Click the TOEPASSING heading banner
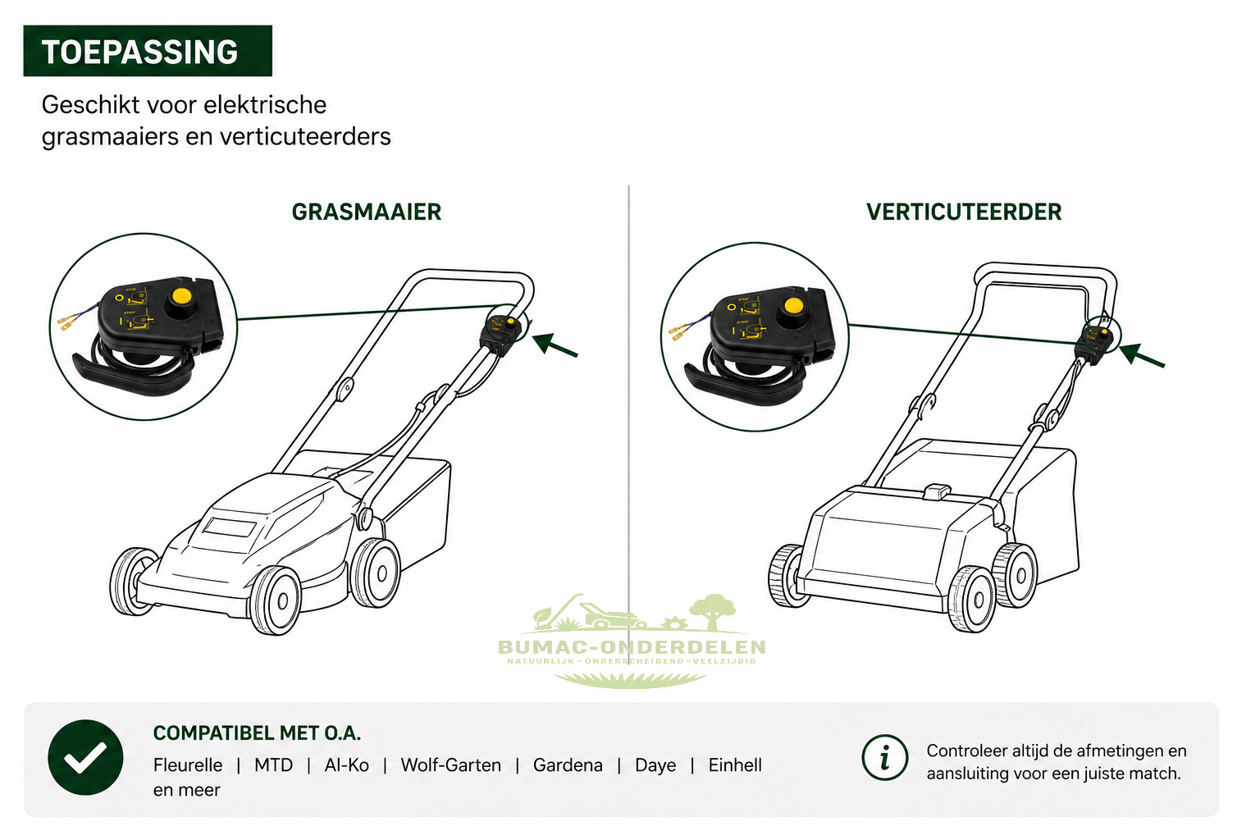tap(148, 51)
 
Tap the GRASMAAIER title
tap(367, 212)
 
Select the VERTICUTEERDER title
tap(964, 212)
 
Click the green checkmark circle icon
tap(85, 757)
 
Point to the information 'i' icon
tap(884, 757)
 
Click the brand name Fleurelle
tap(188, 765)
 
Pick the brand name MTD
tap(273, 765)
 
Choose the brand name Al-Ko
tap(346, 765)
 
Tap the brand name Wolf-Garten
tap(450, 765)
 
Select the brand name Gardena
tap(568, 765)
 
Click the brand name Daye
tap(655, 765)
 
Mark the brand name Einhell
tap(735, 765)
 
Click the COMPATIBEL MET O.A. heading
tap(257, 733)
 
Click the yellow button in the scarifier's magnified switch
tap(793, 306)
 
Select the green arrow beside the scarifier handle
tap(1142, 356)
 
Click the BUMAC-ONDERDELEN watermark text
tap(632, 647)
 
